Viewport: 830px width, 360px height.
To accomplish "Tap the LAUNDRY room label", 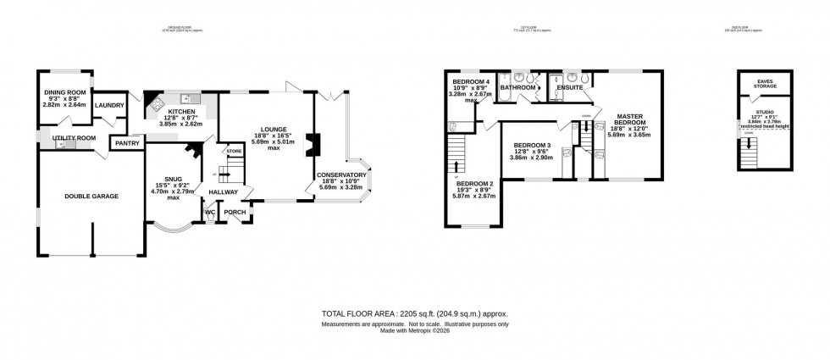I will [x=109, y=106].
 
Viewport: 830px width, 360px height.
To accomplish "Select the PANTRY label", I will [x=127, y=143].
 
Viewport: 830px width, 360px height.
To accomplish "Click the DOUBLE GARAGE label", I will [x=91, y=196].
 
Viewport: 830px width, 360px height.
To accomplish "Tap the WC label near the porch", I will [x=209, y=213].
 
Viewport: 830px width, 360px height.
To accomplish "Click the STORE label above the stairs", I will [x=233, y=151].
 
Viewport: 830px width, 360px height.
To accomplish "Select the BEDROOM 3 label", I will [x=532, y=145].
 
